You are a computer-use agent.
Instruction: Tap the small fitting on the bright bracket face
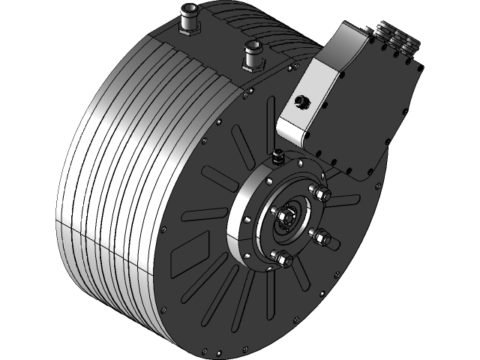301,101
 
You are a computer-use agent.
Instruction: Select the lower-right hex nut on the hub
321,238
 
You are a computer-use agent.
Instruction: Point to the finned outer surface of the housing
105,187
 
